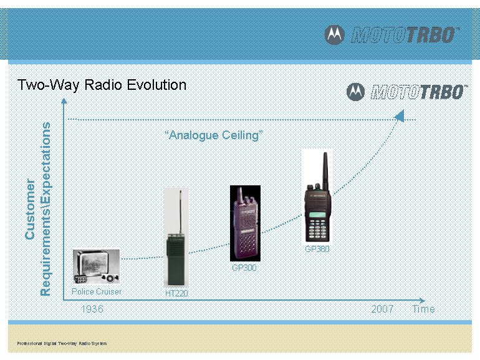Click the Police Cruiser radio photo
coord(96,266)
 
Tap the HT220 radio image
coord(176,238)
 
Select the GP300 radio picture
coord(245,223)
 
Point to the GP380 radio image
coord(317,197)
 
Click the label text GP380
coord(317,249)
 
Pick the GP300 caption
coord(244,268)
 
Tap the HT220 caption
coord(176,293)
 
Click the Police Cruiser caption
coord(97,291)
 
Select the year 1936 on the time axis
coord(92,309)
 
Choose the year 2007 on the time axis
coord(382,309)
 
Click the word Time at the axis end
coord(423,309)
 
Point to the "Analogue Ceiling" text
coord(214,135)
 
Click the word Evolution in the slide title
coord(156,85)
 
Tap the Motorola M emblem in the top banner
coord(334,35)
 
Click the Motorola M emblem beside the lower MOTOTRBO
coord(355,92)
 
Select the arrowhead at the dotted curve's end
coord(400,116)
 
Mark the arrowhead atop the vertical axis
coord(64,101)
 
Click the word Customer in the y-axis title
coord(30,209)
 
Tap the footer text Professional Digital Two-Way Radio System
coord(62,343)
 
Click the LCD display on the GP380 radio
coord(317,214)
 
